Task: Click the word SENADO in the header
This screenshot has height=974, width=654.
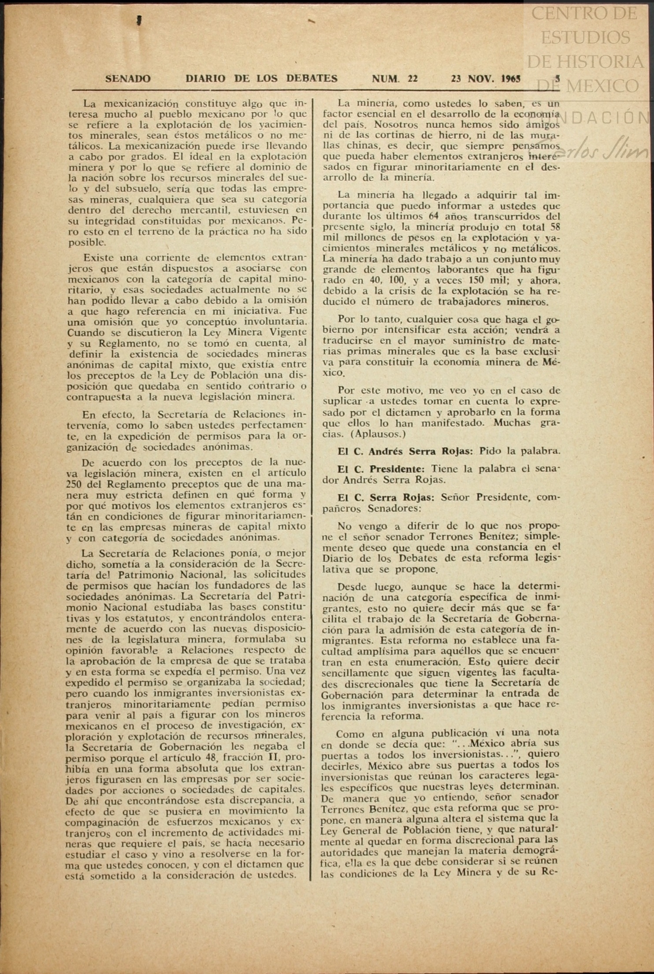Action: point(128,79)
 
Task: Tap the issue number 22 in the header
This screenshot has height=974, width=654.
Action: point(412,79)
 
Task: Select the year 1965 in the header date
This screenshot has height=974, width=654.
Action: point(511,79)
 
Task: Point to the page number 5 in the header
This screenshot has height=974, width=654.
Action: point(557,79)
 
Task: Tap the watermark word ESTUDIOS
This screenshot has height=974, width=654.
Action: point(585,38)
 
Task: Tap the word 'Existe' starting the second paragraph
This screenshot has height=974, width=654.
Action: point(98,258)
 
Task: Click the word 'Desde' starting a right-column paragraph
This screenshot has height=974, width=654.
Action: point(352,586)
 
